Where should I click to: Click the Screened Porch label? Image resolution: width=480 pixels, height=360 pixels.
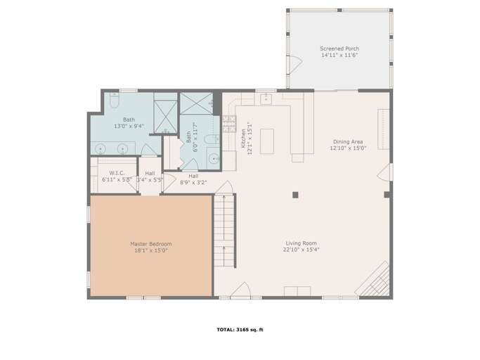(x=339, y=49)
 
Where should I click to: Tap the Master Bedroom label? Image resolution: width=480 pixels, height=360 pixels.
(x=150, y=244)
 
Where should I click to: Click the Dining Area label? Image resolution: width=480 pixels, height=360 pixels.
(x=347, y=141)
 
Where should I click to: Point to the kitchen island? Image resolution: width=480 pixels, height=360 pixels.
(x=266, y=141)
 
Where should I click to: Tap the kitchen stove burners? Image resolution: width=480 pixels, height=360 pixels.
(x=228, y=124)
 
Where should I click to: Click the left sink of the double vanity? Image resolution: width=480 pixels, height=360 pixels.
(x=103, y=148)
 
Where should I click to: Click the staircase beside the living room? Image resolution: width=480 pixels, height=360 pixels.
(x=224, y=231)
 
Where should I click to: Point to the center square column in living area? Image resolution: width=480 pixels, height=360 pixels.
(x=296, y=195)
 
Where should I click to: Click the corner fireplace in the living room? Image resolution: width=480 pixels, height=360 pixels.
(x=373, y=281)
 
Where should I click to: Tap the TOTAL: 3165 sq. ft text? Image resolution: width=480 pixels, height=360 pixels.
(x=240, y=329)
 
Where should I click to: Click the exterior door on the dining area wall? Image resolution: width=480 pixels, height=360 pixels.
(x=384, y=173)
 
